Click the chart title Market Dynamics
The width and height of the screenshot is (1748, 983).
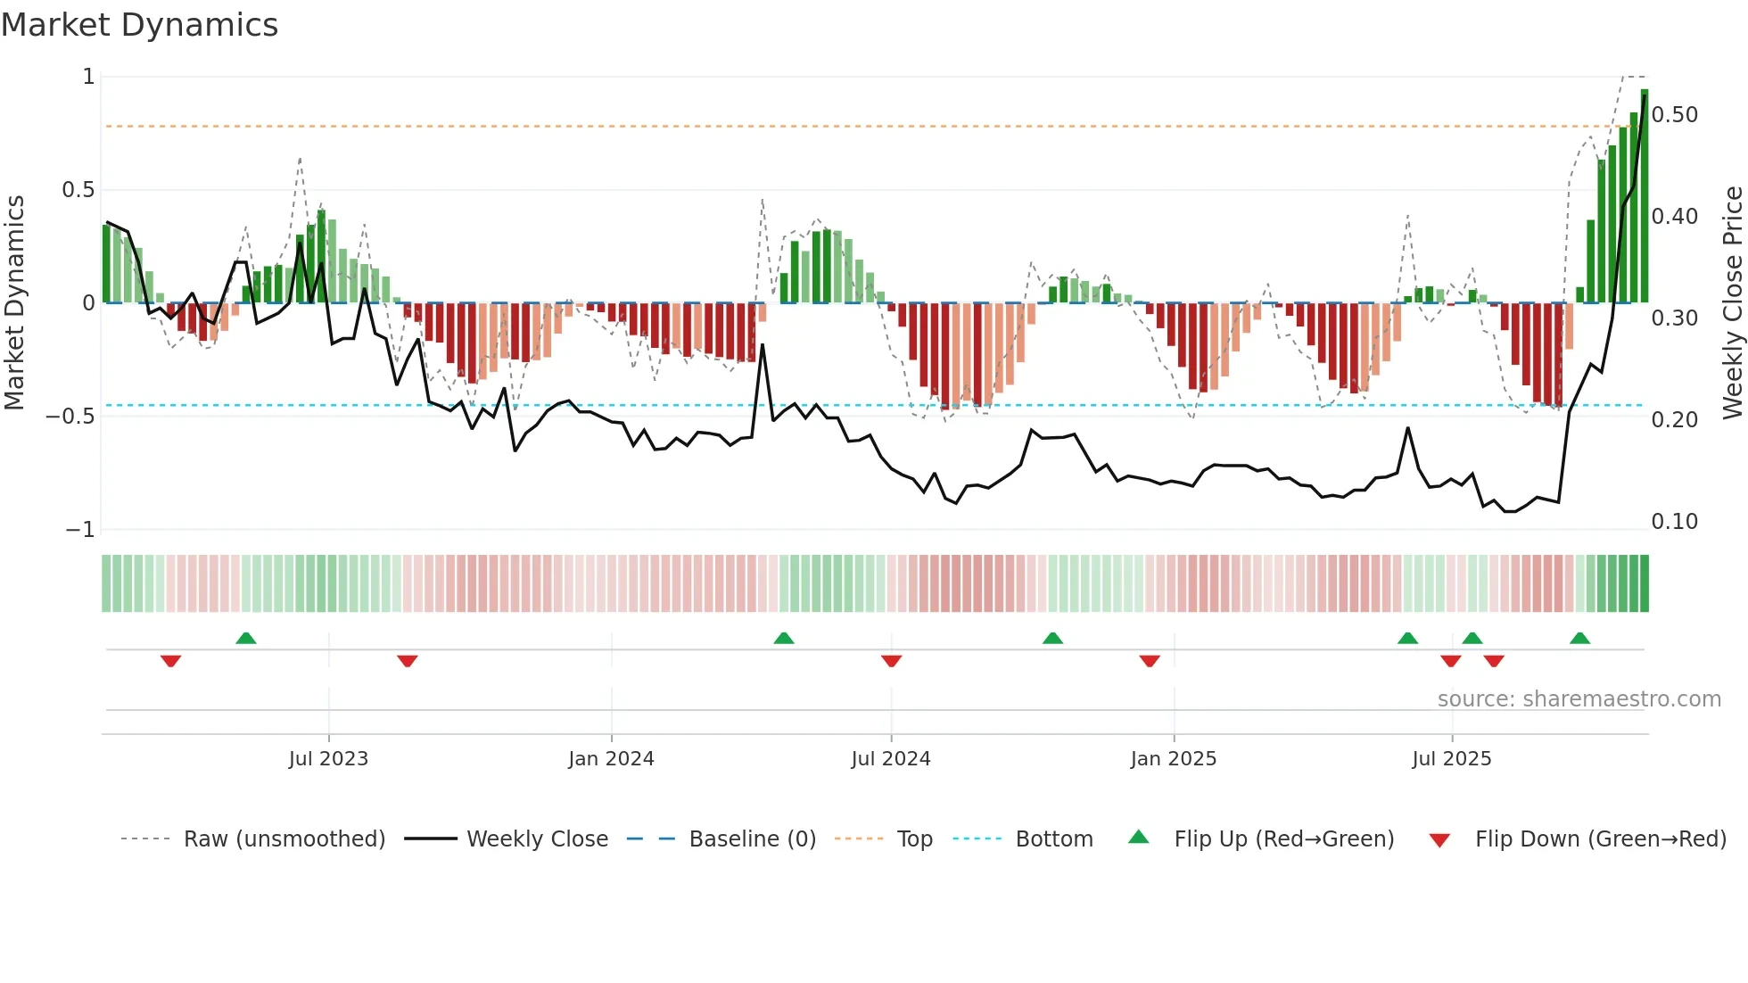[x=139, y=25]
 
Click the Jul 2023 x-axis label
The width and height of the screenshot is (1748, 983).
[x=328, y=759]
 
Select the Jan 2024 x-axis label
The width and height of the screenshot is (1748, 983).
[x=611, y=759]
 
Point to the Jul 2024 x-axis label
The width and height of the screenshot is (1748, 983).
[x=890, y=759]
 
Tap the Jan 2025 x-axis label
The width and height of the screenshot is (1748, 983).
[x=1173, y=759]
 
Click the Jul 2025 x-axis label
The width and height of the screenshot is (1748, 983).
[x=1451, y=759]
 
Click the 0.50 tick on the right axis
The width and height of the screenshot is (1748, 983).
[x=1674, y=115]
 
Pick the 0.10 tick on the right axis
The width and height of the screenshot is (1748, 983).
[x=1674, y=522]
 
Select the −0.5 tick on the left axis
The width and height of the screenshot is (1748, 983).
[x=70, y=417]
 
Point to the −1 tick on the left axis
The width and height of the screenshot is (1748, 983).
[x=79, y=530]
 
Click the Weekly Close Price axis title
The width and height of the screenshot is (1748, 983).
[x=1732, y=303]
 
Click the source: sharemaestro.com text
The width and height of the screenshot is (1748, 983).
[x=1579, y=699]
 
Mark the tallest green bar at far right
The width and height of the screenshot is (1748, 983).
[x=1644, y=196]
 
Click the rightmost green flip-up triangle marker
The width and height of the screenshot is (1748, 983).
[x=1579, y=639]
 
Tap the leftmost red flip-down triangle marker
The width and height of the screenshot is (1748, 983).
[x=170, y=661]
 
